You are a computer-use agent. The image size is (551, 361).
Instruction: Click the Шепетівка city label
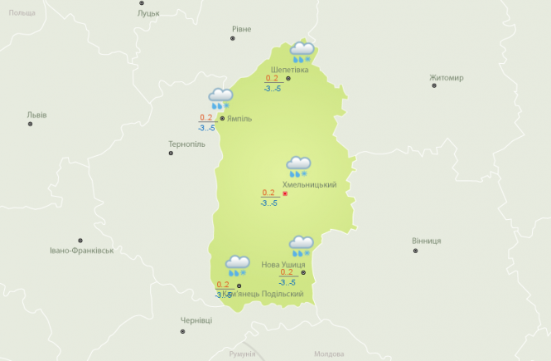tap(289, 69)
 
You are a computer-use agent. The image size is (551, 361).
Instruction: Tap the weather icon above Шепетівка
tap(302, 52)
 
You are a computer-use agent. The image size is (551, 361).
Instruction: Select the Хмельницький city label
tap(309, 184)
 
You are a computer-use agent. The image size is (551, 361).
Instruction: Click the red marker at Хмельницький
tap(285, 194)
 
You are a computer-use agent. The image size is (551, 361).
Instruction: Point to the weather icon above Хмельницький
tap(298, 167)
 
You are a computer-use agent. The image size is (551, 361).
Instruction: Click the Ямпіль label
tap(239, 119)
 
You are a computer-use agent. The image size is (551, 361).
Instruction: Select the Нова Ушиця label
tap(283, 265)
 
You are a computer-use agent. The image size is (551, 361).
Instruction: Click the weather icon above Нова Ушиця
tap(301, 246)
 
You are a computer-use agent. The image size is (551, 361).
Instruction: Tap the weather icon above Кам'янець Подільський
tap(238, 266)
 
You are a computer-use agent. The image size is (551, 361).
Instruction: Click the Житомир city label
tap(447, 78)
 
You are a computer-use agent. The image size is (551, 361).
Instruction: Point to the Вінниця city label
tap(426, 241)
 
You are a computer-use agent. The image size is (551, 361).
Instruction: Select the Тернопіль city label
tap(186, 144)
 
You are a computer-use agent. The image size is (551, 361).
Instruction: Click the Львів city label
tap(37, 115)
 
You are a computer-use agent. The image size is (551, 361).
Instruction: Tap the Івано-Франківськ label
tap(81, 249)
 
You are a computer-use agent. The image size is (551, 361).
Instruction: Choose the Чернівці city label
tap(196, 320)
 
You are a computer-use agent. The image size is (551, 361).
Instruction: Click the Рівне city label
tap(241, 29)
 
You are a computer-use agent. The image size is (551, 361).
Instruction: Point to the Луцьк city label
tap(149, 14)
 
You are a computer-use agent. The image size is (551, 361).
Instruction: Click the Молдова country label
tap(329, 354)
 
